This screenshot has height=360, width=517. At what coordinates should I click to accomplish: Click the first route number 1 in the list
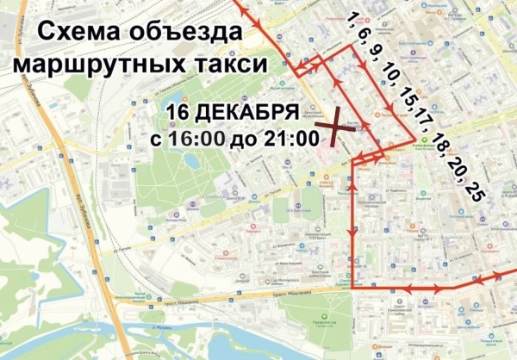coord(351,19)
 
